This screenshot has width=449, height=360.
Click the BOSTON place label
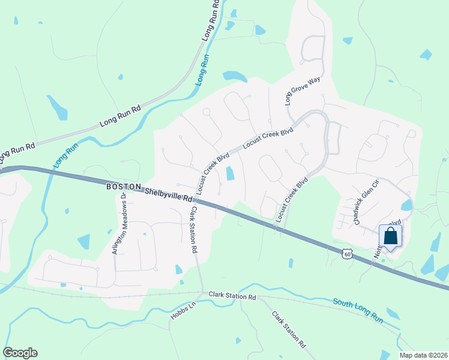pyautogui.click(x=124, y=187)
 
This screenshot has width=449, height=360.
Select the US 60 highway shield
pyautogui.click(x=347, y=254)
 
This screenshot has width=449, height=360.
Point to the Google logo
pyautogui.click(x=20, y=353)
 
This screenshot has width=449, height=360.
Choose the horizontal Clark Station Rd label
pyautogui.click(x=232, y=296)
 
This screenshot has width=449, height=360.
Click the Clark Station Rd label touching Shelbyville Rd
pyautogui.click(x=194, y=230)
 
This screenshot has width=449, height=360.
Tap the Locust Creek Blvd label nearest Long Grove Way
pyautogui.click(x=267, y=137)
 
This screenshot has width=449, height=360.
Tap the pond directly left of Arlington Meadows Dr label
pyautogui.click(x=84, y=241)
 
